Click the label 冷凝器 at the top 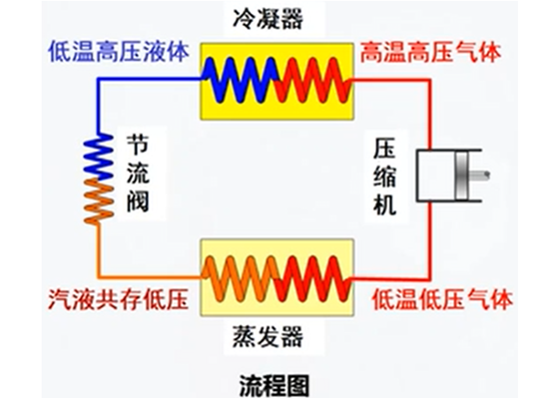(x=268, y=18)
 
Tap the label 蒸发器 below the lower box (x=268, y=336)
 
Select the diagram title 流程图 (x=274, y=386)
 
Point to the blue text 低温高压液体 (x=119, y=52)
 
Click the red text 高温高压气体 (x=430, y=53)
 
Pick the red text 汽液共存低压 (x=119, y=299)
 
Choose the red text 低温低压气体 (x=442, y=299)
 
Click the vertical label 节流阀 (x=138, y=173)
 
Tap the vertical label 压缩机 (x=384, y=177)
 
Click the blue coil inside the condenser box (x=242, y=81)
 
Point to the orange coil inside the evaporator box (x=242, y=278)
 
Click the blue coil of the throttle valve (x=99, y=157)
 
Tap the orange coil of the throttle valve (x=99, y=201)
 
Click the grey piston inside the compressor (x=462, y=176)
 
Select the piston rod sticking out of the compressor (x=478, y=175)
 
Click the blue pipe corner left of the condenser (x=99, y=80)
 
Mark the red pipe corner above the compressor (x=429, y=81)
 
